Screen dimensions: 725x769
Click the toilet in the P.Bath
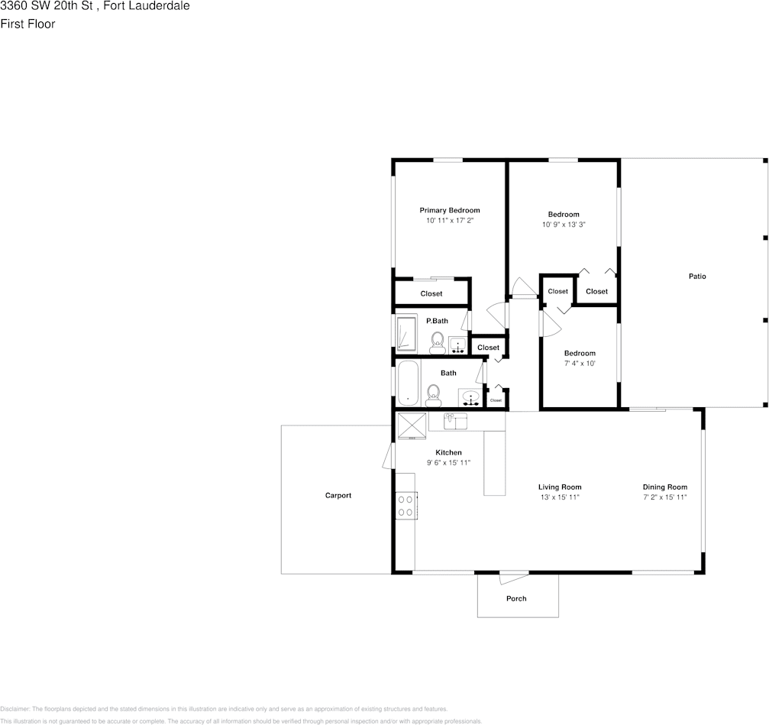(438, 341)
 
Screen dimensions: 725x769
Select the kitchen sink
(455, 420)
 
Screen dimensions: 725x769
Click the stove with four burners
(406, 506)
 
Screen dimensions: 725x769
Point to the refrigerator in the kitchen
(411, 426)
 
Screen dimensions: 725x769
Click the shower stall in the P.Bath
(406, 334)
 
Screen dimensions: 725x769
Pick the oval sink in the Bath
(470, 398)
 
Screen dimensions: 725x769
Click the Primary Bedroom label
(450, 210)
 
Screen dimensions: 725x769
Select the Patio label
(697, 276)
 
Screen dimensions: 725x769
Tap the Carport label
(338, 495)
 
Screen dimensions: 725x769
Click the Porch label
(516, 598)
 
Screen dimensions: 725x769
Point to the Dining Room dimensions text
(665, 497)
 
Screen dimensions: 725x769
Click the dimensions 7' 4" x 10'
(580, 364)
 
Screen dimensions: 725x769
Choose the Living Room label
(560, 487)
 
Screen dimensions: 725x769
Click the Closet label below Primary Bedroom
(431, 293)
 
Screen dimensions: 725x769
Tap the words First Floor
(27, 24)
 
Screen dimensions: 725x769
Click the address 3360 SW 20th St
(47, 6)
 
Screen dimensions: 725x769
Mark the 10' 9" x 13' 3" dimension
(564, 225)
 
